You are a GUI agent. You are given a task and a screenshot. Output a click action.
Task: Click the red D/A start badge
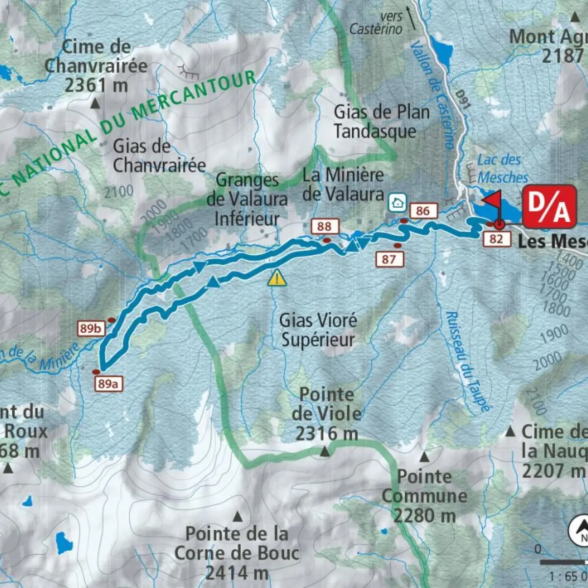click(549, 206)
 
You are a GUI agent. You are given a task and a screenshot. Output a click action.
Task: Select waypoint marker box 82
click(496, 239)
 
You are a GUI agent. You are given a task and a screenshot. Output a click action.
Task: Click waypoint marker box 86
click(422, 211)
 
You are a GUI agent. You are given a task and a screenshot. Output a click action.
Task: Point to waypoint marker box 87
click(390, 259)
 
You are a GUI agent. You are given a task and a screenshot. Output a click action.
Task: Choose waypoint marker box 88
click(324, 226)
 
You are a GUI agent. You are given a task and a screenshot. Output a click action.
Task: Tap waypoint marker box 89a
click(108, 384)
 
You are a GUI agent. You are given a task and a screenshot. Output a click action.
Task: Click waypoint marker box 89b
click(91, 328)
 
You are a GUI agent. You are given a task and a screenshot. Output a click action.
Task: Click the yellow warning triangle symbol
click(277, 278)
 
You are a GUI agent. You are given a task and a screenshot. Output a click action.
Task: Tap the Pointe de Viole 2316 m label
click(326, 414)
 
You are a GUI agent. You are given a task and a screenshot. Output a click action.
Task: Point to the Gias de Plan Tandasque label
click(381, 122)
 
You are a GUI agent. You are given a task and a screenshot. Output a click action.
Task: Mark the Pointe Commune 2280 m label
click(424, 495)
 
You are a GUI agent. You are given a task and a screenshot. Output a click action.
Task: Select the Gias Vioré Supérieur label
click(318, 330)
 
